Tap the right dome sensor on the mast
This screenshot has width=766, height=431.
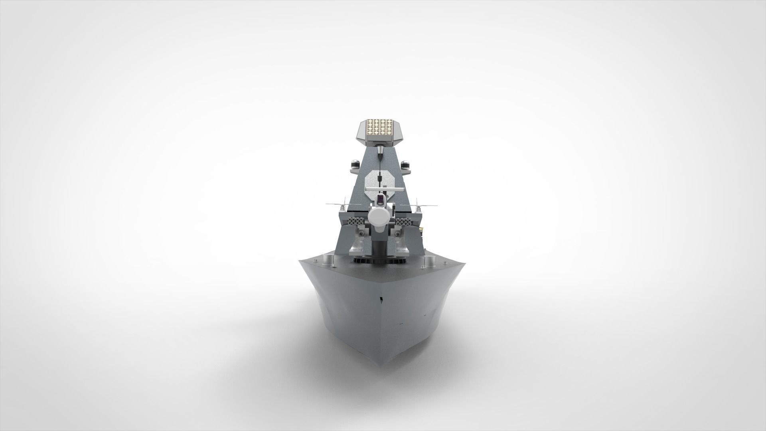pyautogui.click(x=406, y=164)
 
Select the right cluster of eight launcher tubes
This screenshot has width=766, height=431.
pyautogui.click(x=404, y=222)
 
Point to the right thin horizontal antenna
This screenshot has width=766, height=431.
pyautogui.click(x=427, y=204)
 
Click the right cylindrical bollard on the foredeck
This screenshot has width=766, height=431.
pyautogui.click(x=430, y=260)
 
